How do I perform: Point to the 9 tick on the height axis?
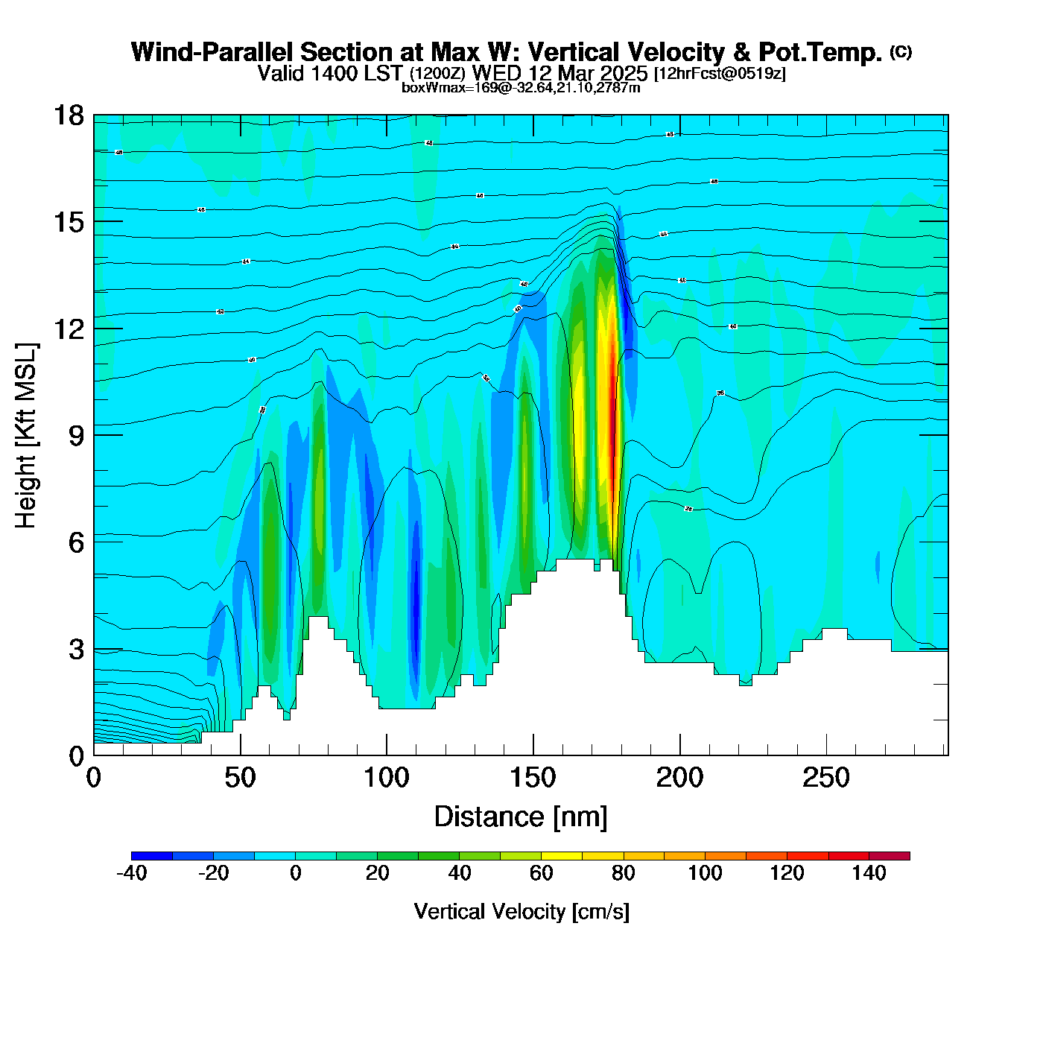94,436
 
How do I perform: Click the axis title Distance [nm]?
521,817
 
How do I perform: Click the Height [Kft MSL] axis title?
27,436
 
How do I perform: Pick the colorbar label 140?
869,873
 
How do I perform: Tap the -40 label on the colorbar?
132,873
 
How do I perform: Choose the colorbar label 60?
542,873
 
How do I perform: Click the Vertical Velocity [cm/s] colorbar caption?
521,911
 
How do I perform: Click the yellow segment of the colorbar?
562,856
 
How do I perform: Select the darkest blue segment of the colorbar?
152,856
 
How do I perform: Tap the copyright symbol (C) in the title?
901,51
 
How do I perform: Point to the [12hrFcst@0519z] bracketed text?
720,74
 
